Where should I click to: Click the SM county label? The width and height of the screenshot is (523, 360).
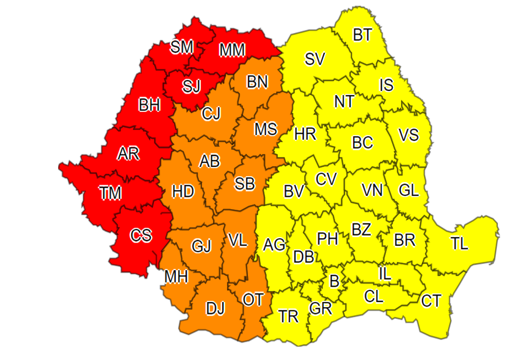coord(182,47)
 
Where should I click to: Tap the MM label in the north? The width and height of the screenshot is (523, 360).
coord(232,50)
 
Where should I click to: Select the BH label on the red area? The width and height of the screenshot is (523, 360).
coord(150,105)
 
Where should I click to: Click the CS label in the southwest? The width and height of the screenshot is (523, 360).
coord(141,236)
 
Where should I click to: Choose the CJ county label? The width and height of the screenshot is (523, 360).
coord(211,113)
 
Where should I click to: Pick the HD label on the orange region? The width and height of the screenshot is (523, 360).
coord(183,192)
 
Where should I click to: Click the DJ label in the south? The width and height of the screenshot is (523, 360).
coord(215,309)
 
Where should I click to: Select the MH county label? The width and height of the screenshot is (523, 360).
coord(176,276)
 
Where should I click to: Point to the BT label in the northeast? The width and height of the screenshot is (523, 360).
coord(362,35)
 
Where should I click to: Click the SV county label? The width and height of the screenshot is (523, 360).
coord(315,59)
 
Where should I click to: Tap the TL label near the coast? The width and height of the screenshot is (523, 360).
coord(460,243)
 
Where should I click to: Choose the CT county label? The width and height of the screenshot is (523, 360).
coord(431,301)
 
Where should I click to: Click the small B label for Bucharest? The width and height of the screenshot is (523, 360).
coord(334,282)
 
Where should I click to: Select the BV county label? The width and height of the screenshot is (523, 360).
coord(294,192)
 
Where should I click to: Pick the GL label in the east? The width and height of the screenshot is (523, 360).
coord(409,190)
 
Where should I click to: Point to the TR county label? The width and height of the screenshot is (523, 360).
coord(288,316)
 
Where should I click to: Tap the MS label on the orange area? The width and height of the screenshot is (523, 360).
coord(266,129)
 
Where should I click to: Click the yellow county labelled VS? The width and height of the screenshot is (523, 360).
coord(408,135)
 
